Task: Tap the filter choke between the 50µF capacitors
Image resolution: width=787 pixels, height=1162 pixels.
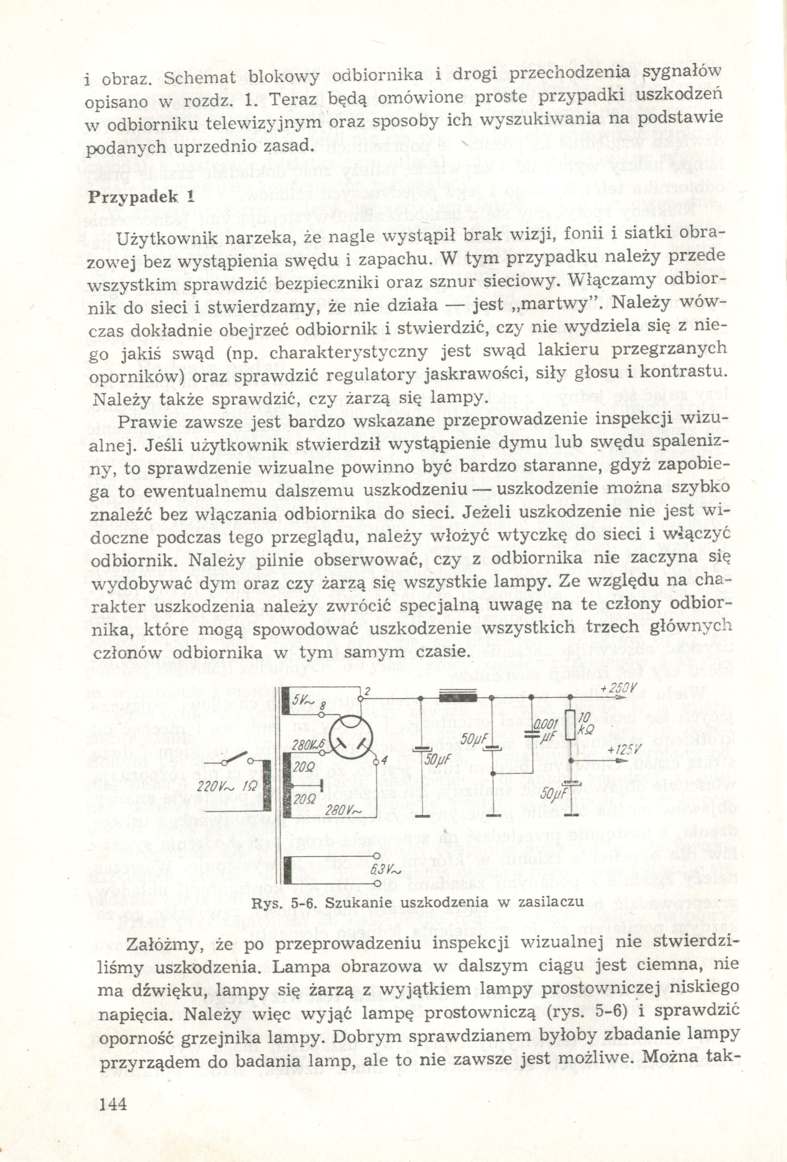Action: [x=458, y=697]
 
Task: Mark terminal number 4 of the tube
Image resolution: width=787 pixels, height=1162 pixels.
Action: [x=384, y=760]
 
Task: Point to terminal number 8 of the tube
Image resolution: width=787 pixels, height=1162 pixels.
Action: [x=323, y=708]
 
